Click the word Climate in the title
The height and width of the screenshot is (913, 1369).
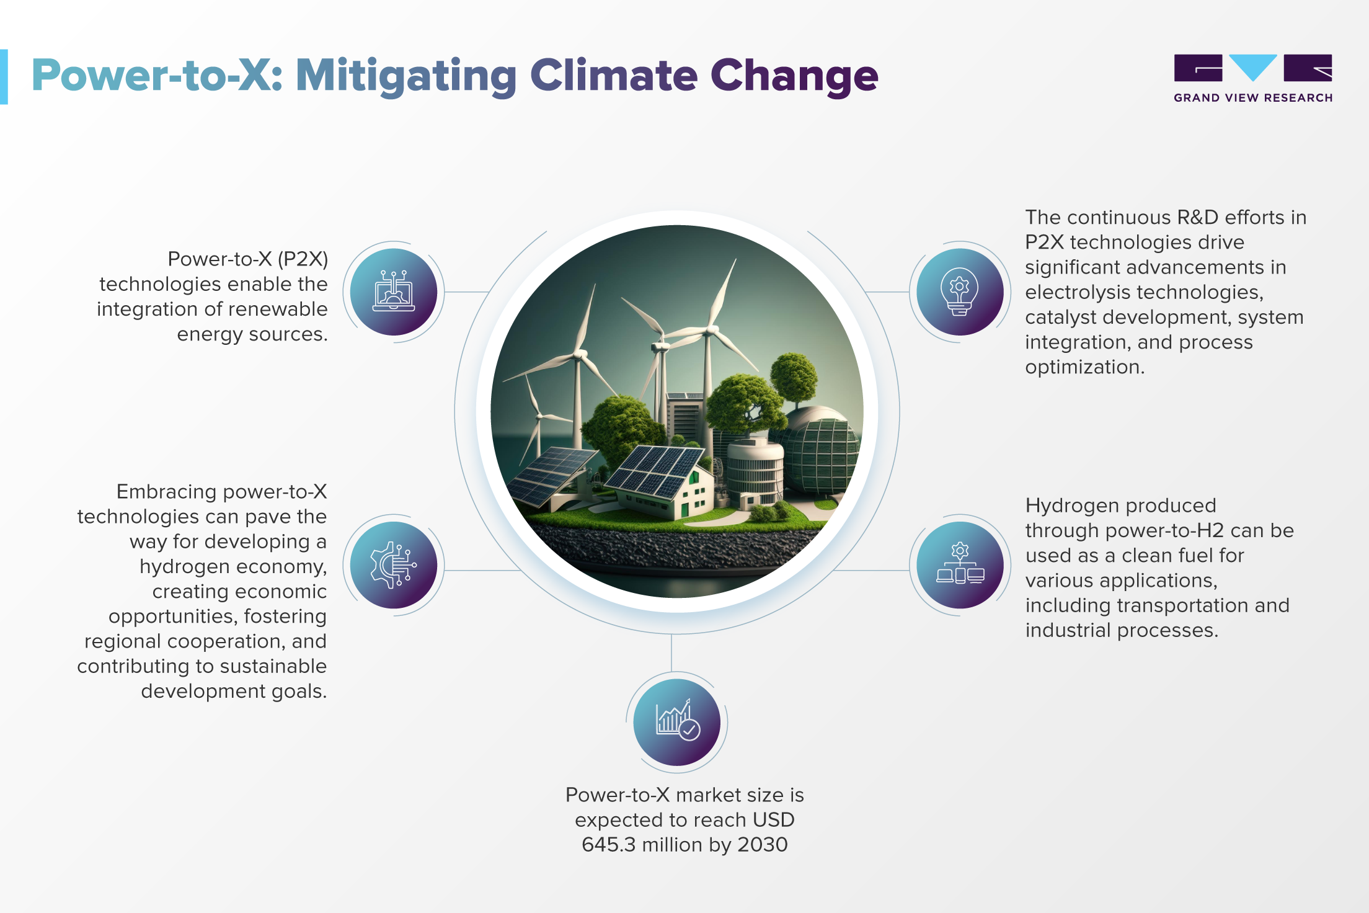pos(614,76)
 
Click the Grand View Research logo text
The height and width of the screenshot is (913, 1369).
pos(1253,98)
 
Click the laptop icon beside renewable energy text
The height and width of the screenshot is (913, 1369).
pos(394,292)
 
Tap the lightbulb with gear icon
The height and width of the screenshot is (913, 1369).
pos(960,292)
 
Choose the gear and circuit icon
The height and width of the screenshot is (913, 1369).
pos(393,565)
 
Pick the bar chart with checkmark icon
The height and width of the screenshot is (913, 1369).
pos(678,720)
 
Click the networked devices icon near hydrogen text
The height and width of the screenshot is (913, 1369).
pos(960,564)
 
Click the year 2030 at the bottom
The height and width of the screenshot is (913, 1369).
pos(762,845)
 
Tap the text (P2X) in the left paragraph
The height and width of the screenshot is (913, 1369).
pos(303,259)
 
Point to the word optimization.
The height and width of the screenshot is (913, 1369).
pos(1084,367)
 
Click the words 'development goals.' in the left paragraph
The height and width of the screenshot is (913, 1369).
pos(234,691)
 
